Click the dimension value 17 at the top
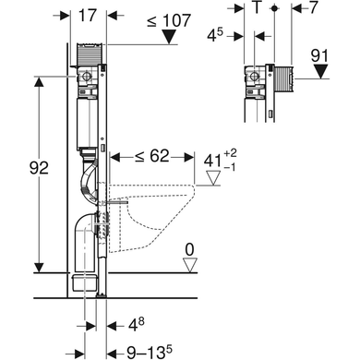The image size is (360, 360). tap(88, 16)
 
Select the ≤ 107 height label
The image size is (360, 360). tap(169, 21)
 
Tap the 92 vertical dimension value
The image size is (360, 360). tap(39, 168)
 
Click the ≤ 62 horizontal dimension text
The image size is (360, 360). tap(152, 156)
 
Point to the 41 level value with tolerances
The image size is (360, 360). tap(221, 161)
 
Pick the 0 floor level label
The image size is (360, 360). tap(190, 250)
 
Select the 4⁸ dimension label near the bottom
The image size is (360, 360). tap(136, 325)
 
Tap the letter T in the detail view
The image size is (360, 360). tap(256, 7)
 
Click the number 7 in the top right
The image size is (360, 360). tap(313, 7)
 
